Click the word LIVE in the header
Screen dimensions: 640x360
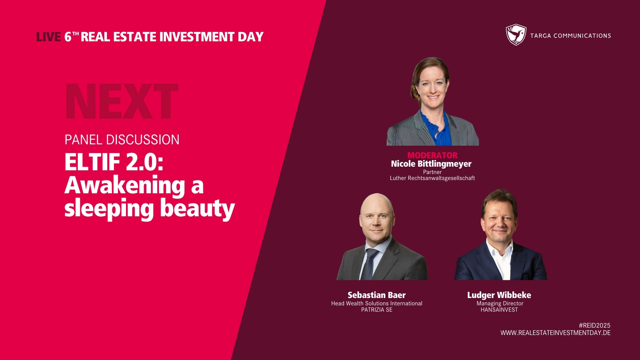[48, 37]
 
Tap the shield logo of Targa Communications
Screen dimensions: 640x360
[516, 35]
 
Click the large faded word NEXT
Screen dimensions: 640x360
[122, 101]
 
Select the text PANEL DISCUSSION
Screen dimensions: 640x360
[122, 140]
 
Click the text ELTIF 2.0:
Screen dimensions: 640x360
[114, 162]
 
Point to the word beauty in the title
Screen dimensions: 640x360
[198, 209]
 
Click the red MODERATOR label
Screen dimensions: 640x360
[432, 155]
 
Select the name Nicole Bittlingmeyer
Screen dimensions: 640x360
[431, 164]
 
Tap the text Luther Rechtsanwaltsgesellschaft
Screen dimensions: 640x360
[432, 178]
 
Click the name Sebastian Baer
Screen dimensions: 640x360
[377, 295]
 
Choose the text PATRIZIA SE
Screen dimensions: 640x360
[377, 310]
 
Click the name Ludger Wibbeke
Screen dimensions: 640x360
[499, 295]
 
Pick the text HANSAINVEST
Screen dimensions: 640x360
[499, 310]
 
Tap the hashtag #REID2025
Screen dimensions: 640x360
[595, 325]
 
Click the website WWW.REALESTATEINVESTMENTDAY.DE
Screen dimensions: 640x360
[556, 333]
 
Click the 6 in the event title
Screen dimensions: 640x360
[68, 37]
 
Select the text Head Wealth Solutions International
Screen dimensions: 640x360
[377, 303]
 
